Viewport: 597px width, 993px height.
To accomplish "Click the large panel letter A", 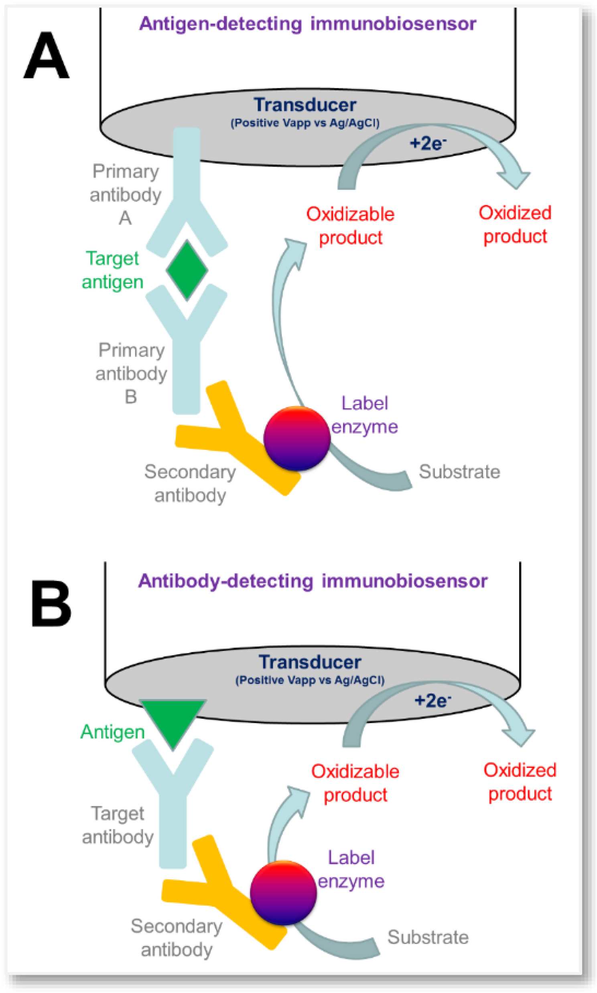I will pyautogui.click(x=46, y=56).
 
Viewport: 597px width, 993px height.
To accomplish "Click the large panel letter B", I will pyautogui.click(x=51, y=604).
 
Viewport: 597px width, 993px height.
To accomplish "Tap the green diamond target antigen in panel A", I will pyautogui.click(x=187, y=270).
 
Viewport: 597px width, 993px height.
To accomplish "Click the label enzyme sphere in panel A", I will pyautogui.click(x=297, y=438).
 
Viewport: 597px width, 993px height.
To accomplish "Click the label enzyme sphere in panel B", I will pyautogui.click(x=283, y=892).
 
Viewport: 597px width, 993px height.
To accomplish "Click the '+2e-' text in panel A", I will pyautogui.click(x=427, y=143).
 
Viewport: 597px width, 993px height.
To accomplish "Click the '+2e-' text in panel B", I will pyautogui.click(x=432, y=701).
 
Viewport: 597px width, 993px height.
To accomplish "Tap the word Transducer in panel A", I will pyautogui.click(x=305, y=105).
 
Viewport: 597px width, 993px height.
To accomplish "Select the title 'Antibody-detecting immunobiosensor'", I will pyautogui.click(x=313, y=581).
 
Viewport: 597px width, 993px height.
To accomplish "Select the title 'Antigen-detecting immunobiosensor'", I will pyautogui.click(x=307, y=24).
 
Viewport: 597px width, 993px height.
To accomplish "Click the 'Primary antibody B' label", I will pyautogui.click(x=131, y=373).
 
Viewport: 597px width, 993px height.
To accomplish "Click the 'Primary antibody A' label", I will pyautogui.click(x=126, y=194).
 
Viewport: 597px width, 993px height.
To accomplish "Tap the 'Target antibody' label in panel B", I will pyautogui.click(x=118, y=825).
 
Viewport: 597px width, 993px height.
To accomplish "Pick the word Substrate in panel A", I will pyautogui.click(x=459, y=472).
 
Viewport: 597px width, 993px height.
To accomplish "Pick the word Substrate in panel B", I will pyautogui.click(x=428, y=937).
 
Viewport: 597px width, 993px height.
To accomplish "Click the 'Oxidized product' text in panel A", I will pyautogui.click(x=515, y=224).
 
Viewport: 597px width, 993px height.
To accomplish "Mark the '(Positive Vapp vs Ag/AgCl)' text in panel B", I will pyautogui.click(x=310, y=680).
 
